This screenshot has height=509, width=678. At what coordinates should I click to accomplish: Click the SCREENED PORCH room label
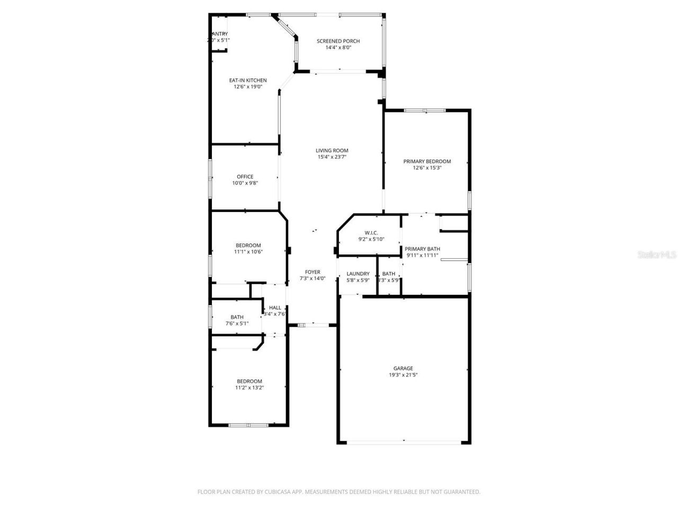[x=338, y=41]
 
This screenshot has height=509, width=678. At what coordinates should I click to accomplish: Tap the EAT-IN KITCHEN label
[x=248, y=81]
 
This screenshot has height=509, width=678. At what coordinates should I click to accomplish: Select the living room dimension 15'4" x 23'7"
[x=332, y=157]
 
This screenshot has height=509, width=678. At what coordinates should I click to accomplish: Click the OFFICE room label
[x=245, y=177]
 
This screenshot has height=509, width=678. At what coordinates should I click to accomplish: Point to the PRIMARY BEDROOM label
[x=427, y=161]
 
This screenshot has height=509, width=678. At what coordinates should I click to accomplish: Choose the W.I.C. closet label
[x=371, y=233]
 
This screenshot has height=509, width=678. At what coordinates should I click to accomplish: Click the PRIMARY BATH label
[x=422, y=249]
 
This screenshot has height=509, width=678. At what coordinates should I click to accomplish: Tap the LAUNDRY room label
[x=358, y=274]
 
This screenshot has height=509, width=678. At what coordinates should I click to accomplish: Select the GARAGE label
[x=403, y=368]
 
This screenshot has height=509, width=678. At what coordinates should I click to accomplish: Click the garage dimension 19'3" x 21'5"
[x=403, y=375]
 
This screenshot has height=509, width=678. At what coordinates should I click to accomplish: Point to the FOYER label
[x=313, y=272]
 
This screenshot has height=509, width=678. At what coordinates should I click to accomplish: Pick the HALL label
[x=275, y=308]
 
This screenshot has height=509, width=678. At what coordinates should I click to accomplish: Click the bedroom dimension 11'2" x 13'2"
[x=249, y=388]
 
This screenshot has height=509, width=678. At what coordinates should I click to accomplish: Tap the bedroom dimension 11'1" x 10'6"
[x=248, y=252]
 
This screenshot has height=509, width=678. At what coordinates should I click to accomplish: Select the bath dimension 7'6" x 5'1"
[x=237, y=323]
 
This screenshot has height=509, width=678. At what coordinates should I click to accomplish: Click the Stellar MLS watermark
[x=657, y=254]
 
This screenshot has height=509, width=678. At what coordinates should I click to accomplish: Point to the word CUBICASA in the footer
[x=279, y=492]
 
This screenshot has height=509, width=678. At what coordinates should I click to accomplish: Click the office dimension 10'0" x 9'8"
[x=245, y=183]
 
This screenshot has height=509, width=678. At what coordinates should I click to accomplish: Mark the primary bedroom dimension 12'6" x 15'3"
[x=427, y=168]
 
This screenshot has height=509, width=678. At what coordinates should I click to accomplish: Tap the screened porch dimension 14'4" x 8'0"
[x=338, y=47]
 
